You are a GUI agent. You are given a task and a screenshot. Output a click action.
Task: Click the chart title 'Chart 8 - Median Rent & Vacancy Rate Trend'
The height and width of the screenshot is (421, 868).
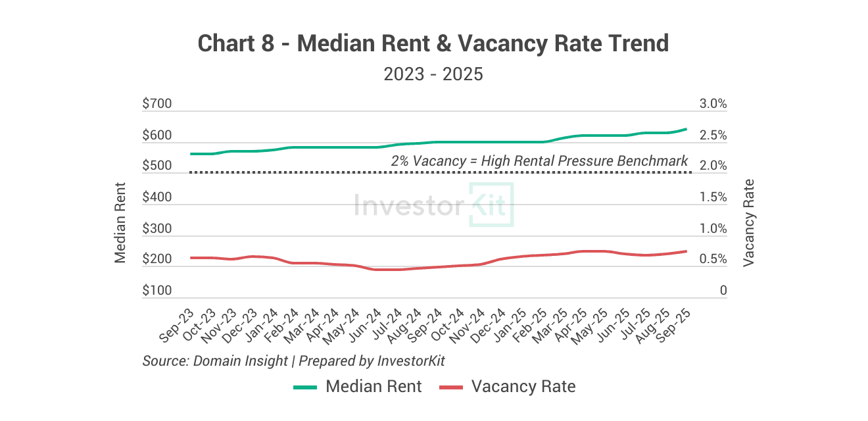pos(433,44)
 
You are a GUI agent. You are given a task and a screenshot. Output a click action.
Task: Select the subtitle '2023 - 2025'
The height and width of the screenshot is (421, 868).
pos(433,74)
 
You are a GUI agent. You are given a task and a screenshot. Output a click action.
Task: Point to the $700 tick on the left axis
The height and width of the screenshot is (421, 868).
pos(157,104)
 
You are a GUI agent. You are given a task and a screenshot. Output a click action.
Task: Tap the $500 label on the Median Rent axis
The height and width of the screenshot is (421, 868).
pos(157,166)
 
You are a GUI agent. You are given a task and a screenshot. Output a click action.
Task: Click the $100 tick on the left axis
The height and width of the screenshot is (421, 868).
pos(157,291)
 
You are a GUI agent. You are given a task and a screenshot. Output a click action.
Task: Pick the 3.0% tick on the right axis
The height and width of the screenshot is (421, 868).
pos(713,104)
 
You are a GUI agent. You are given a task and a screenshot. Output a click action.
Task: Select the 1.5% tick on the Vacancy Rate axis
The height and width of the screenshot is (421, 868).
pos(713,197)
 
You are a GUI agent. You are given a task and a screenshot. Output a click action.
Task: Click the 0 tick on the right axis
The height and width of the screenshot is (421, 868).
pos(723,291)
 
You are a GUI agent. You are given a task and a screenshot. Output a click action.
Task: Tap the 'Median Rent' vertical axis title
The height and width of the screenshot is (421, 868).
pos(120,222)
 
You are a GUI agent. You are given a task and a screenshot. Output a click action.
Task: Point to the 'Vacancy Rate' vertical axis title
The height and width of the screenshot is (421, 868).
pos(748,222)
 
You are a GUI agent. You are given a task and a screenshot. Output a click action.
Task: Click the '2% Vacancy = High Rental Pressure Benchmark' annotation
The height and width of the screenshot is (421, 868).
pos(539,161)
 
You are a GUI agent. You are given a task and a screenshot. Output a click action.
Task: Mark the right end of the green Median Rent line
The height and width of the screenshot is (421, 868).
pos(687,129)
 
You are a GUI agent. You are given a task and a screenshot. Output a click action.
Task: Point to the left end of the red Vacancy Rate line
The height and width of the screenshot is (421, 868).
pos(191,258)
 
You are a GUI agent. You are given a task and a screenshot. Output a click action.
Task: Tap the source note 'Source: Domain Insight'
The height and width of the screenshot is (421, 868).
pos(215,360)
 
